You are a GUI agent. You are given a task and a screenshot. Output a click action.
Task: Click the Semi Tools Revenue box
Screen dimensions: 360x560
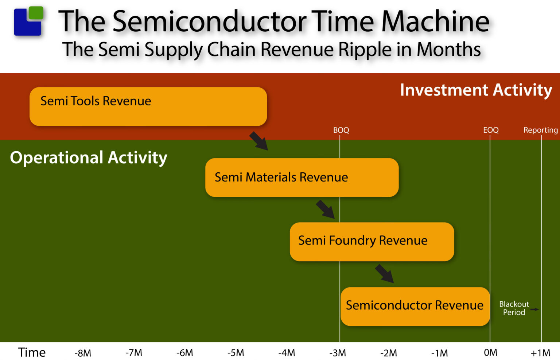click(148, 106)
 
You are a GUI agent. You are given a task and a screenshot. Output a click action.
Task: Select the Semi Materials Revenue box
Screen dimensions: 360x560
click(302, 177)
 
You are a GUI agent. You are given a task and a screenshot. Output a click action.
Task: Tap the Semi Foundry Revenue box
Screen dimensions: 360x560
click(372, 242)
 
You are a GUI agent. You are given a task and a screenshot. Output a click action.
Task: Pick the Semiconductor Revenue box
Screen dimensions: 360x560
click(415, 306)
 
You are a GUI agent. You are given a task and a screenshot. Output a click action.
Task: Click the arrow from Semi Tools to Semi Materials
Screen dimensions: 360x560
click(259, 141)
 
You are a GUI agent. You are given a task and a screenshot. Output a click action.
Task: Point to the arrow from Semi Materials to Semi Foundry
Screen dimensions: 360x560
click(325, 209)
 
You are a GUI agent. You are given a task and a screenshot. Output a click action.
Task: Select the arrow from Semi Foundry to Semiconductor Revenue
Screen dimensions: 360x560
click(385, 274)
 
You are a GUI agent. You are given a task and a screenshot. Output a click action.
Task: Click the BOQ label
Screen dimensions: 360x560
click(341, 130)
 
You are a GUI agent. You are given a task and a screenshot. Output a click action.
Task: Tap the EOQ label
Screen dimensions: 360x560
click(491, 130)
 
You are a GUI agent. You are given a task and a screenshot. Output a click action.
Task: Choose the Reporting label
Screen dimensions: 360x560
click(540, 130)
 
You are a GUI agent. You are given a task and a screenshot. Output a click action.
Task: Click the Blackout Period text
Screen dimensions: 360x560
click(514, 308)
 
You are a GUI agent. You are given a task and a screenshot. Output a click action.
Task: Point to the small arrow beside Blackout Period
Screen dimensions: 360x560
click(534, 309)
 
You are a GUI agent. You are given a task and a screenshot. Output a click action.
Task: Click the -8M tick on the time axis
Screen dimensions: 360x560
click(83, 353)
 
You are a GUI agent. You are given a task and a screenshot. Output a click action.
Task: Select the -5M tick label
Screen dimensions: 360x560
click(236, 353)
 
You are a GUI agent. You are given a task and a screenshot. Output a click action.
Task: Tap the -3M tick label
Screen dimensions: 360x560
click(338, 353)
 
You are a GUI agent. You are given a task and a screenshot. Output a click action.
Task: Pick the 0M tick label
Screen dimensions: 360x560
click(490, 353)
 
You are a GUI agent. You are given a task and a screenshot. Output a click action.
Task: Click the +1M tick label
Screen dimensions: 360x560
click(540, 353)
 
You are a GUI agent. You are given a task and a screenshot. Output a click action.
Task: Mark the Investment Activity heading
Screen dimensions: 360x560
click(476, 90)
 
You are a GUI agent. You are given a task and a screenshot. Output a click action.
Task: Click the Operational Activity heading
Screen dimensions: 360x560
click(89, 158)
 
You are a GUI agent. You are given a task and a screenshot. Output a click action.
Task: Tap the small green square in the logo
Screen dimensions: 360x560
click(36, 13)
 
